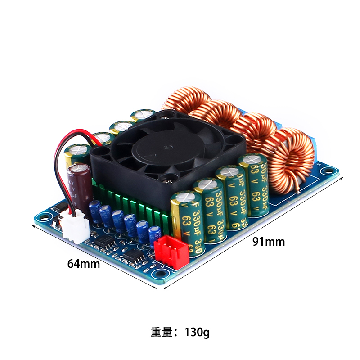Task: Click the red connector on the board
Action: tap(171, 252)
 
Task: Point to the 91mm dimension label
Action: tap(268, 242)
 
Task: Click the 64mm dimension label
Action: tap(83, 264)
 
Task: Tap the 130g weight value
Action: tap(197, 333)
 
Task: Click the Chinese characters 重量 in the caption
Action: tap(162, 333)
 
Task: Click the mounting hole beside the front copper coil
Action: tap(332, 171)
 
